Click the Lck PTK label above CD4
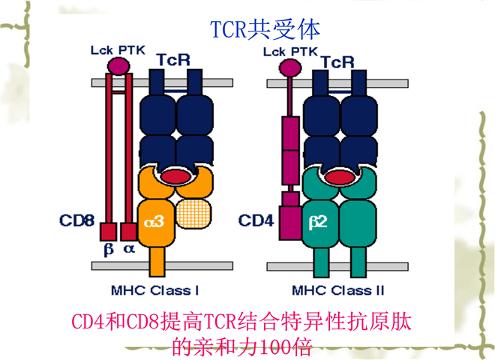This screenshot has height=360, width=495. coord(289,50)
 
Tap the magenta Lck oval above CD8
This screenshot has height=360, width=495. coord(118,67)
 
